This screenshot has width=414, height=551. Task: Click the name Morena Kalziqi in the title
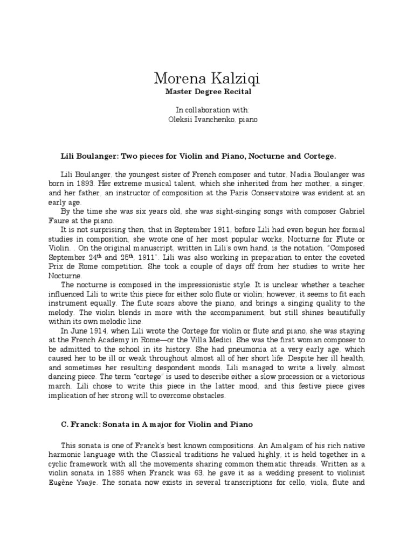(206, 80)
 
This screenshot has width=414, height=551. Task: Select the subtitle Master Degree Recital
(206, 93)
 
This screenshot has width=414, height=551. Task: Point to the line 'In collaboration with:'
(206, 110)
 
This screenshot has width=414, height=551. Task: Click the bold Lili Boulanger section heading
(198, 156)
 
